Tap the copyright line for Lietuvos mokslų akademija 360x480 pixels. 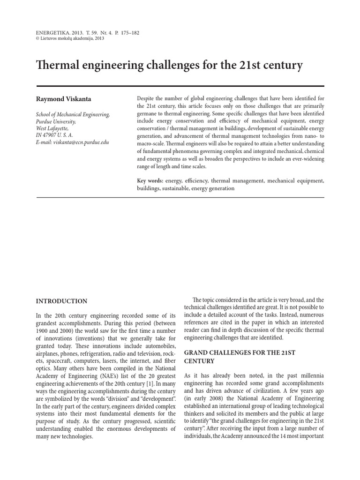coord(70,39)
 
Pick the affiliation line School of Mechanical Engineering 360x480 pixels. coord(73,114)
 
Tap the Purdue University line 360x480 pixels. coord(55,121)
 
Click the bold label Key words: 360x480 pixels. coord(150,180)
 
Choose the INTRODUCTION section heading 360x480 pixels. coord(61,301)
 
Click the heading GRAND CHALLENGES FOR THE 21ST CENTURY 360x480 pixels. coord(239,356)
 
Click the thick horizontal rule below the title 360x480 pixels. coord(180,86)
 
